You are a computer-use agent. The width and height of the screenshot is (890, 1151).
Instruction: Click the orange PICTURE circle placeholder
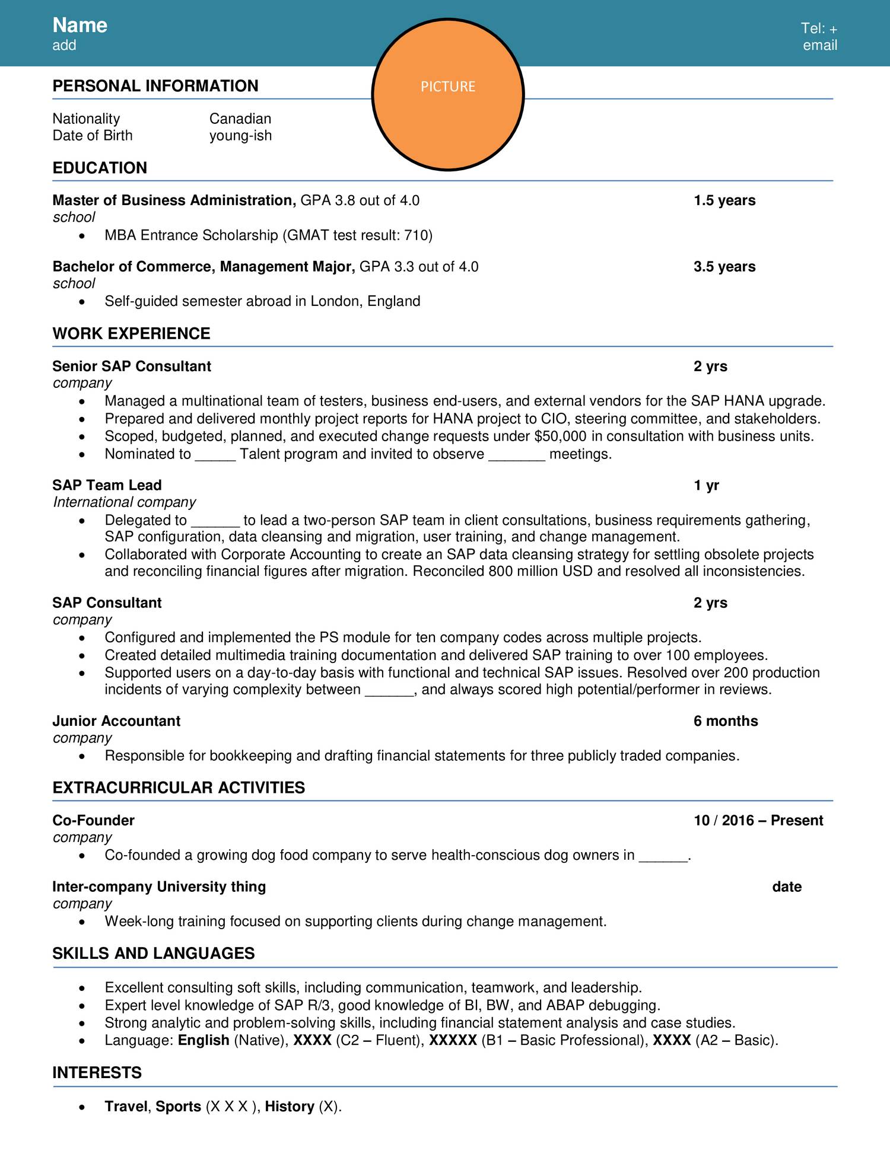pos(448,95)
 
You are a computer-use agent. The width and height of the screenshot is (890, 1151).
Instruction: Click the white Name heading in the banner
pos(80,25)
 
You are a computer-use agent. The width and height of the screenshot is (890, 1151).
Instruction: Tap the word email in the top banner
pos(820,45)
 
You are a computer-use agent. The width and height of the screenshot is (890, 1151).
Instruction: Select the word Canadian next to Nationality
pos(240,119)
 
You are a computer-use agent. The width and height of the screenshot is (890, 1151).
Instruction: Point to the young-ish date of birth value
pos(240,136)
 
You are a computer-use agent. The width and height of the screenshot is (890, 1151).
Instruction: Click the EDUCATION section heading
pos(100,168)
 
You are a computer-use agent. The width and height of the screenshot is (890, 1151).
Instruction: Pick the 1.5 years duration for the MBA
pos(724,200)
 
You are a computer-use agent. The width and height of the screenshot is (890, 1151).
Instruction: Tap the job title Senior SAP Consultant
pos(132,366)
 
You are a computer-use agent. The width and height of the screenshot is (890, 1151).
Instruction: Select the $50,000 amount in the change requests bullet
pos(560,436)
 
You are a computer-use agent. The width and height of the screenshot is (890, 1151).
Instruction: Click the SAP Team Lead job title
pos(107,486)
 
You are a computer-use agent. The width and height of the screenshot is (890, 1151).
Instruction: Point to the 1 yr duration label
pos(706,486)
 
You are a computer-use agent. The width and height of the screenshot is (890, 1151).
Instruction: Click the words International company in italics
pos(125,502)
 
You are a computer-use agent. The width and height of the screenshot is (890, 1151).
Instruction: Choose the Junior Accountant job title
pos(116,721)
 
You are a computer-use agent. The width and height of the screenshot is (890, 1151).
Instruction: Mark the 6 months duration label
pos(726,721)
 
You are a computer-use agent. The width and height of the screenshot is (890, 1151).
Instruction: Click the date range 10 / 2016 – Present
pos(758,821)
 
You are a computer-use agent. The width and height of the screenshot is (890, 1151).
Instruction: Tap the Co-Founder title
pos(94,821)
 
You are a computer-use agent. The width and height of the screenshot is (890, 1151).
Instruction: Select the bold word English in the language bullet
pos(204,1040)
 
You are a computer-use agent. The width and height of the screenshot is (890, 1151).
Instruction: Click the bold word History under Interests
pos(290,1107)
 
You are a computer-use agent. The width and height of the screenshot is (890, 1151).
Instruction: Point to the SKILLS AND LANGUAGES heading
pos(154,954)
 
